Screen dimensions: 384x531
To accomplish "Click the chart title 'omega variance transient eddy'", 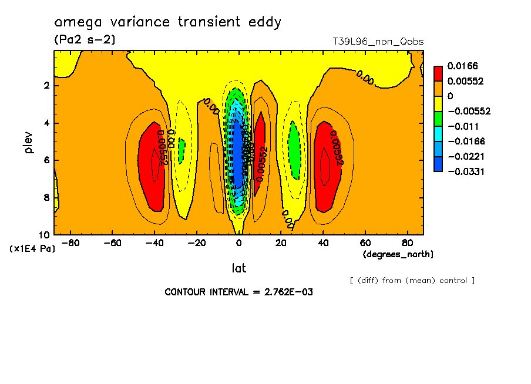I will click(167, 22).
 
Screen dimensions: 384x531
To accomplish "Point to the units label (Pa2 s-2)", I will click(85, 40).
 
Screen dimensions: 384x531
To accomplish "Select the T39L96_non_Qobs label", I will click(378, 42).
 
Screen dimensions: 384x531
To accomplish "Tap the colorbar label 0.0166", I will click(462, 66).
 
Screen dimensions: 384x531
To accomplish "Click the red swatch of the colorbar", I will click(438, 73).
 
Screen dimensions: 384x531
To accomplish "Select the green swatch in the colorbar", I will click(438, 118).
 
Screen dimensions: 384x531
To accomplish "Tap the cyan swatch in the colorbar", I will click(438, 133).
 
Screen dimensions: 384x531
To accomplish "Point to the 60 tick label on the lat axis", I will click(365, 242).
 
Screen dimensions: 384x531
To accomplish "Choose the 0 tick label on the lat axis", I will click(239, 242).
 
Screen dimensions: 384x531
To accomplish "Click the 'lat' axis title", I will click(238, 268).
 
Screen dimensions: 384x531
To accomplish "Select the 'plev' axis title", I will click(29, 142).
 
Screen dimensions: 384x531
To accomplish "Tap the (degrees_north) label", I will click(398, 254).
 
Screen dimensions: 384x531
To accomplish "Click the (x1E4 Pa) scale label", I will click(32, 249).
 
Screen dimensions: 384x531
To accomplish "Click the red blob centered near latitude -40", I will click(153, 167).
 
